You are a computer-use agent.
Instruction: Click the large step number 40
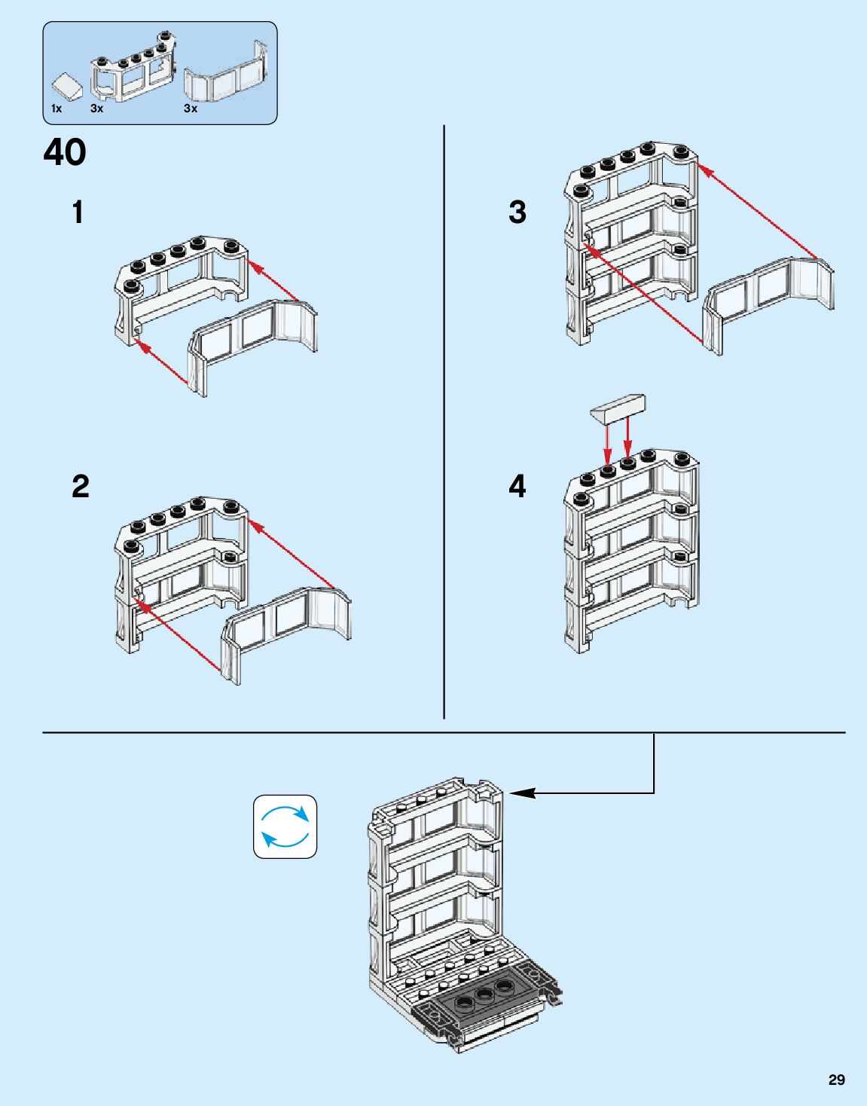(65, 153)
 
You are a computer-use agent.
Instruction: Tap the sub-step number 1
(78, 212)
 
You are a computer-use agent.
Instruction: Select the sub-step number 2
(81, 487)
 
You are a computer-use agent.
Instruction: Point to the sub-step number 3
(517, 212)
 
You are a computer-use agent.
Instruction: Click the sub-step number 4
(517, 487)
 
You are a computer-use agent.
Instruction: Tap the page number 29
(836, 1080)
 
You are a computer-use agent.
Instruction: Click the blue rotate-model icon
(285, 826)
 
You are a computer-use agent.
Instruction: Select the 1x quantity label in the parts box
(56, 108)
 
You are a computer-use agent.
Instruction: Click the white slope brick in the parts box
(67, 86)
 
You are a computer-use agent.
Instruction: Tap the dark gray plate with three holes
(482, 1000)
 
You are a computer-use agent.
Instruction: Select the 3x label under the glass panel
(191, 108)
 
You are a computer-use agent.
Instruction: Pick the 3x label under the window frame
(97, 108)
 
